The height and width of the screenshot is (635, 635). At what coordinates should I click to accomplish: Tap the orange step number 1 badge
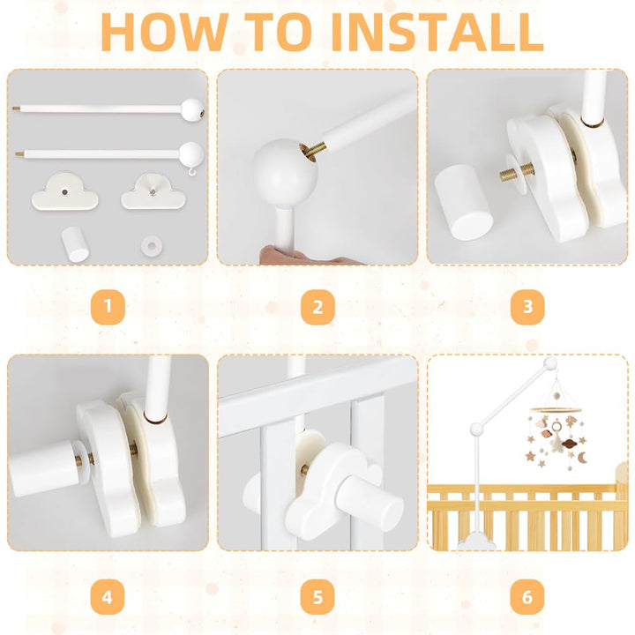click(x=108, y=307)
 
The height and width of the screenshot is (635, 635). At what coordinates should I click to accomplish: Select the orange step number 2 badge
click(x=317, y=307)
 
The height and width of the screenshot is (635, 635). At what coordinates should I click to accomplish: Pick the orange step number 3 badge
click(x=527, y=307)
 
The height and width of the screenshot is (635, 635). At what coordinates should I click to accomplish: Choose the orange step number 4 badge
click(x=108, y=597)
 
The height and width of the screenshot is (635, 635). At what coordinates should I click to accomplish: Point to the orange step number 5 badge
click(x=317, y=597)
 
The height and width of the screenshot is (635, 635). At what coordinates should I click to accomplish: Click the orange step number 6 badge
click(x=527, y=597)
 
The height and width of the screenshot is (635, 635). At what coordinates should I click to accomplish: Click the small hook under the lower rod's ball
click(x=193, y=172)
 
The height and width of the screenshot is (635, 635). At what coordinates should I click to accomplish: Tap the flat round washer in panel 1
click(x=152, y=245)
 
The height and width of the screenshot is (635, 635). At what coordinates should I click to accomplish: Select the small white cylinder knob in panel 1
click(x=75, y=244)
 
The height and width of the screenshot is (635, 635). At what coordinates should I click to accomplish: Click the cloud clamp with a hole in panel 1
click(x=64, y=191)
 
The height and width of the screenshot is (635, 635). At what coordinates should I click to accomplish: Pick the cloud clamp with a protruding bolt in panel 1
click(x=153, y=191)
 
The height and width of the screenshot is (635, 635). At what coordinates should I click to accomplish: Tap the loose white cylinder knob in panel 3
click(x=464, y=203)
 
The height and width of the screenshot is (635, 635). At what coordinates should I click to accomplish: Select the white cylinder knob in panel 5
click(x=370, y=502)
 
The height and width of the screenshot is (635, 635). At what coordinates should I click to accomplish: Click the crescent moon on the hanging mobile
click(x=581, y=458)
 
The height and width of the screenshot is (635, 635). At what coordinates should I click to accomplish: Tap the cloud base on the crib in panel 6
click(x=476, y=541)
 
